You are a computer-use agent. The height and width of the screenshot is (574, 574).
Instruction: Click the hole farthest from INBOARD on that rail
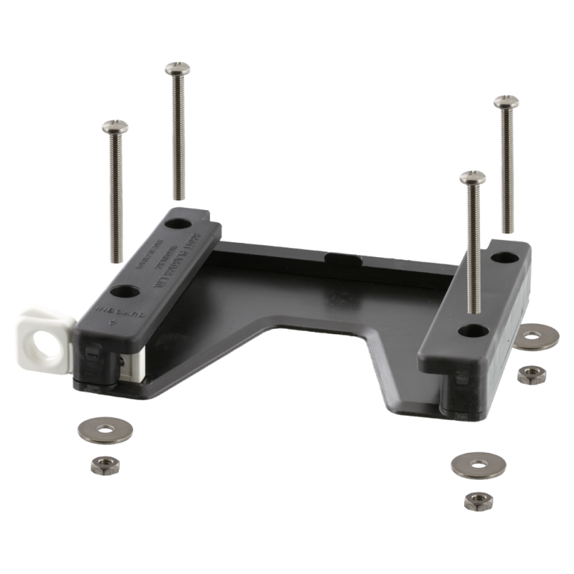(178, 223)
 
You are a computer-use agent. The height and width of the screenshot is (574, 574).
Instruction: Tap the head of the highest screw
(176, 69)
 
